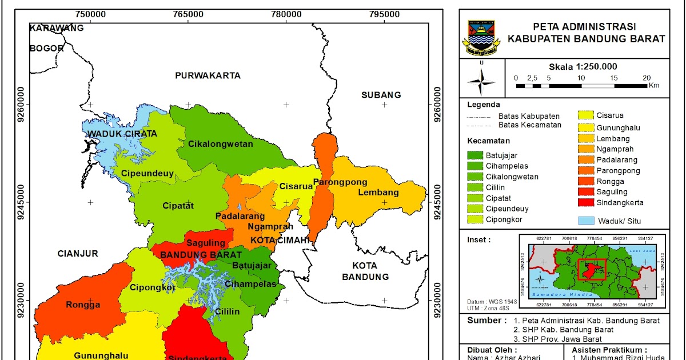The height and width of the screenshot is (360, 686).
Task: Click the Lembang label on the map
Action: (x=378, y=193)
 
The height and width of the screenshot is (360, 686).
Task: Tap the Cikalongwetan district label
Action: (x=221, y=144)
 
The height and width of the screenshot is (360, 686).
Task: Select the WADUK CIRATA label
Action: (x=122, y=134)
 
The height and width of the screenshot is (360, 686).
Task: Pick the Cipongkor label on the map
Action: (x=153, y=287)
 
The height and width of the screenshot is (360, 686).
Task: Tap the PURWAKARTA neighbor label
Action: (x=208, y=75)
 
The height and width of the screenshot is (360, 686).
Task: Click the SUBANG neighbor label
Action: (x=381, y=95)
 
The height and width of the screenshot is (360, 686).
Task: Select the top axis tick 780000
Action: (x=286, y=13)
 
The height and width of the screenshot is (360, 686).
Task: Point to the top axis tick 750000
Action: (x=90, y=13)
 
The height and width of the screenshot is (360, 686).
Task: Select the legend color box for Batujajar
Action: (x=475, y=155)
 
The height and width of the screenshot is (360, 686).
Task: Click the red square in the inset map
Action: (x=591, y=269)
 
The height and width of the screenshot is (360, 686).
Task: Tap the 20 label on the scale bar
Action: (x=647, y=78)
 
